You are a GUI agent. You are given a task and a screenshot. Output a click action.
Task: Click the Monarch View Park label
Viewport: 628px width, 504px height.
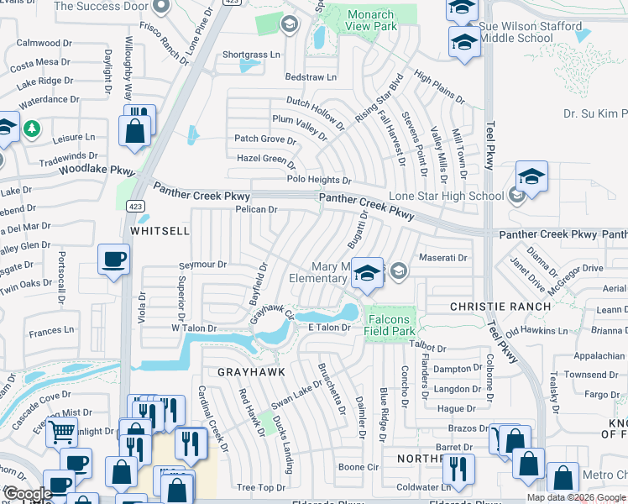click(370, 20)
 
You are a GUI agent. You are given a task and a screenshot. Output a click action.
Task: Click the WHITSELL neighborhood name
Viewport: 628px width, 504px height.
click(152, 229)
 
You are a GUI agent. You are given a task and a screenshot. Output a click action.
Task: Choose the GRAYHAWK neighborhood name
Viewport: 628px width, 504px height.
click(252, 371)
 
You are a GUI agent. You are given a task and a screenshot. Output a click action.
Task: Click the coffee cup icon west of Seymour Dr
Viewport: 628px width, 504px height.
click(113, 259)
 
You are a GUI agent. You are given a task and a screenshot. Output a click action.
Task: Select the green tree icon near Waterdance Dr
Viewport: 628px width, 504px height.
click(31, 129)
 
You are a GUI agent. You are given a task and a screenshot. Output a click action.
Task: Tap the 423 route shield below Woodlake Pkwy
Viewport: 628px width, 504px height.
click(133, 205)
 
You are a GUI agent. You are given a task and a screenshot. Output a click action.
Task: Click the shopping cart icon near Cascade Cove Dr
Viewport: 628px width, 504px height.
click(61, 432)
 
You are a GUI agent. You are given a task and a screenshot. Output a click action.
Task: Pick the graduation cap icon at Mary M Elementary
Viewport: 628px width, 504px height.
click(366, 272)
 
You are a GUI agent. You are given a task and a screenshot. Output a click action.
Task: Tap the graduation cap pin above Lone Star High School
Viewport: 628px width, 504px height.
click(531, 176)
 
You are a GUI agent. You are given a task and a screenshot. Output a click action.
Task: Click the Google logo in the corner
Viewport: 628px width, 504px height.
click(28, 493)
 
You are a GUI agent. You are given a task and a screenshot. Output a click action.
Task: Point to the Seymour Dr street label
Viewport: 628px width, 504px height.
click(204, 264)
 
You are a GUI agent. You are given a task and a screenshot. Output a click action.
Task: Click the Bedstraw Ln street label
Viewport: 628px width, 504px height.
click(311, 76)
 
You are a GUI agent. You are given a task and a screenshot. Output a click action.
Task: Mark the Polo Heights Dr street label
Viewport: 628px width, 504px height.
click(318, 180)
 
